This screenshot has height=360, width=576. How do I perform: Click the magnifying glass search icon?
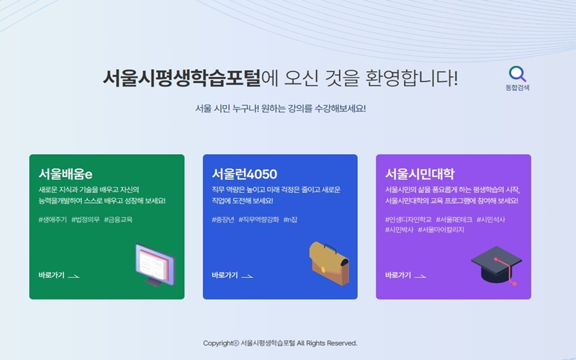(x=518, y=73)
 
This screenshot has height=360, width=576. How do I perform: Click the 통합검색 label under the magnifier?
(x=518, y=88)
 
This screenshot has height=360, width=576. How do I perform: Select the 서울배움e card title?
(x=66, y=174)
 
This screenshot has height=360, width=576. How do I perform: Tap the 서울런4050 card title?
(x=244, y=174)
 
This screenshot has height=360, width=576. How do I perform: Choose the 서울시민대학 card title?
(x=420, y=174)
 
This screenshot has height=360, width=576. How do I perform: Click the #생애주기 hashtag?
(x=53, y=220)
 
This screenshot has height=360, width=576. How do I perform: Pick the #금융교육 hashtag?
(x=118, y=220)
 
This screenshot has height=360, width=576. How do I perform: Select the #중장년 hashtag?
(x=223, y=220)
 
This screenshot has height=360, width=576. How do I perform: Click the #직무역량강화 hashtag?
(x=258, y=220)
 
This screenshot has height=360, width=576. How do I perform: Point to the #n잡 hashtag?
(x=291, y=220)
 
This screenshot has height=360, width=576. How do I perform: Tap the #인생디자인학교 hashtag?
(x=408, y=219)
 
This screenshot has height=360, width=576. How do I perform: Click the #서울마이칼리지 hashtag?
(x=441, y=230)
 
